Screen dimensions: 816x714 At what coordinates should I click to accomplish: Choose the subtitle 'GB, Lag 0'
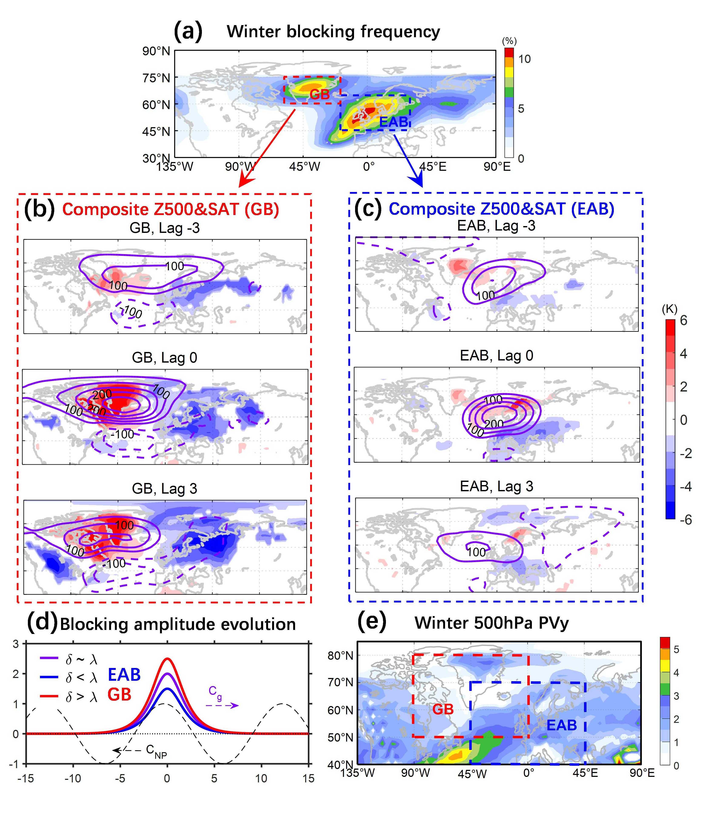click(x=164, y=358)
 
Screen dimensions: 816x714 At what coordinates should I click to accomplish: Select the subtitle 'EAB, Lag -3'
click(x=496, y=226)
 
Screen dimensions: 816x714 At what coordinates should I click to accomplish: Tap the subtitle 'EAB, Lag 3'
click(x=496, y=486)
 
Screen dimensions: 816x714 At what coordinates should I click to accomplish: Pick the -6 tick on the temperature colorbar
click(x=685, y=520)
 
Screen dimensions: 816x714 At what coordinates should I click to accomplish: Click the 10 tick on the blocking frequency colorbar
click(x=524, y=59)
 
